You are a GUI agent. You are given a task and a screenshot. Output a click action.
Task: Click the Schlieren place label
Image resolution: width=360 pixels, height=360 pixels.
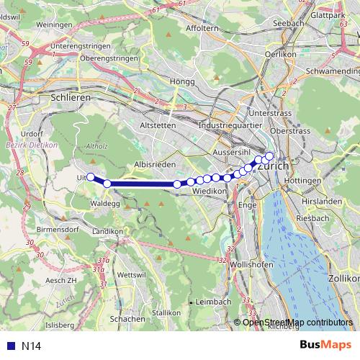click(69, 96)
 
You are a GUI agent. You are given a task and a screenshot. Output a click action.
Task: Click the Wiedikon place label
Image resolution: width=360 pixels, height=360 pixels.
click(210, 192)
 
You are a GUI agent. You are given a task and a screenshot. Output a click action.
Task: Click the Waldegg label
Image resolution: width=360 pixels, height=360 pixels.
click(105, 204)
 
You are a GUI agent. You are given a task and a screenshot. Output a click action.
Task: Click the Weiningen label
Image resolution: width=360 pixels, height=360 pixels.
click(53, 24)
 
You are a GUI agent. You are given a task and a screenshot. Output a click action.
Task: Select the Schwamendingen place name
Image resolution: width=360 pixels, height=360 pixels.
click(332, 73)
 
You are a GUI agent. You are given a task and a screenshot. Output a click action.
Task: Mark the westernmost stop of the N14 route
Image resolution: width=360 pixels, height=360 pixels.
click(91, 176)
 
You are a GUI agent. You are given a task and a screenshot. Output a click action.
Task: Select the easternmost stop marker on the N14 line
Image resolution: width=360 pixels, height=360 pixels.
click(270, 156)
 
